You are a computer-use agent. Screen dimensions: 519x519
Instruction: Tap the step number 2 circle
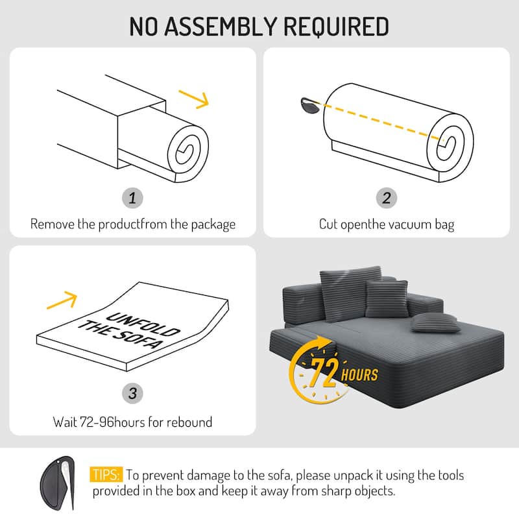coord(387,198)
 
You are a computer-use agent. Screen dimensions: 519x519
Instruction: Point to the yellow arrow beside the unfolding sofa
coord(63,299)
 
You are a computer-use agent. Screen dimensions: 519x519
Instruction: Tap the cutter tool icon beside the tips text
coord(63,481)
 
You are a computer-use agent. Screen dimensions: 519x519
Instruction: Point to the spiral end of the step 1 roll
coord(184,151)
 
